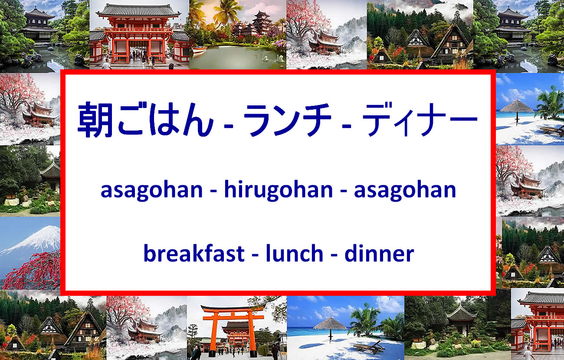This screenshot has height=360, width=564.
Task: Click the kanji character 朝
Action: click(x=95, y=119)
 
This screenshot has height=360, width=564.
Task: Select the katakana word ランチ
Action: click(x=287, y=120)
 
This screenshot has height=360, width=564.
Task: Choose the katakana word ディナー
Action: click(x=420, y=119)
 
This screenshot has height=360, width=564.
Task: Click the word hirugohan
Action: click(x=279, y=190)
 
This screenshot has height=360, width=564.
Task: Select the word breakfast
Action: click(x=194, y=253)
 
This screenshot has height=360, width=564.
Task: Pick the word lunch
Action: click(x=295, y=253)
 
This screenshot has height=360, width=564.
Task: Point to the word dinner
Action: click(x=379, y=253)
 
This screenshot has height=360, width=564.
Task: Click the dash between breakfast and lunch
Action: click(x=255, y=256)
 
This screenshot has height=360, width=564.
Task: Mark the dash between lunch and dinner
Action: click(x=334, y=256)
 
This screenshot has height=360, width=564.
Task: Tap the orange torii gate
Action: click(x=233, y=327)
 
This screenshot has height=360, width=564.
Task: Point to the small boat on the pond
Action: click(x=199, y=50)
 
